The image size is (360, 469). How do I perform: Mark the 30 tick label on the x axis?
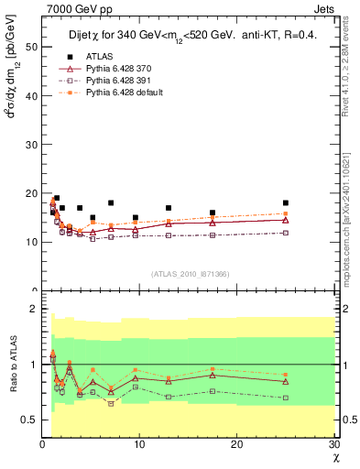point(333,444)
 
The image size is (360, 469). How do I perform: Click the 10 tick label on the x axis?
point(139,444)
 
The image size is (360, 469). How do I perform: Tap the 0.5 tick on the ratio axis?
point(30,420)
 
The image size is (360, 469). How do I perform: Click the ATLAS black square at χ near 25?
point(286,202)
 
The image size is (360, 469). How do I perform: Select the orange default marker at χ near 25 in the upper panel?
point(286,213)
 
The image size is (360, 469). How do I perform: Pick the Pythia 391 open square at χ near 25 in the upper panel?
point(286,233)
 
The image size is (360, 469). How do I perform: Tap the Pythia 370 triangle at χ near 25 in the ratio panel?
point(286,381)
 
